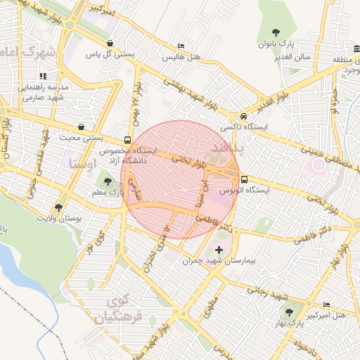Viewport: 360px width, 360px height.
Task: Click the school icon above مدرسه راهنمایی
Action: (43, 76)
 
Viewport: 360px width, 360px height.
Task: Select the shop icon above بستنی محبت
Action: (83, 127)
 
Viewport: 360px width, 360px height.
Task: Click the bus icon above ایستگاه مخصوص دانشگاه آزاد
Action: (127, 139)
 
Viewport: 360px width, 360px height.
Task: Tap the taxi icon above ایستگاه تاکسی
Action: (243, 116)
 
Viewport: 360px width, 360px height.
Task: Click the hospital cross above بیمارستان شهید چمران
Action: (219, 250)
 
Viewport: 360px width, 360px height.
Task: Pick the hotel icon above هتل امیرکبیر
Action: (326, 304)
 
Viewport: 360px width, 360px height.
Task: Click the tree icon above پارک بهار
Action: (288, 311)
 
